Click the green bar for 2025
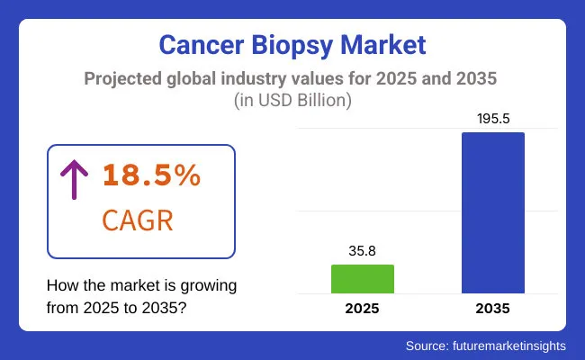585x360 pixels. [x=362, y=279]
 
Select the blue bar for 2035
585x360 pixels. [x=492, y=212]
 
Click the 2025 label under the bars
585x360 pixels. [x=362, y=308]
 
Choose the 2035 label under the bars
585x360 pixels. [x=492, y=308]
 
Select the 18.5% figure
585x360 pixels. [x=151, y=175]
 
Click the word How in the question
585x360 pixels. [x=62, y=285]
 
